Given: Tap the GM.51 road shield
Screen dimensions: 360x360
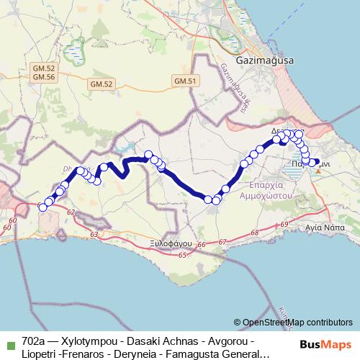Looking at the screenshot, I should click(185, 81).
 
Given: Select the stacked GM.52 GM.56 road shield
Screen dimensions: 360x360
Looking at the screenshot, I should click(44, 72).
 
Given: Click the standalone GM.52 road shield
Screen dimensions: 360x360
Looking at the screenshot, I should click(102, 84).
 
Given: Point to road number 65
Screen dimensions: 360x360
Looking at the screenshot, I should click(182, 255).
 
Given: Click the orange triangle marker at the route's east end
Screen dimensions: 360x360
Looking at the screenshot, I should click(318, 169).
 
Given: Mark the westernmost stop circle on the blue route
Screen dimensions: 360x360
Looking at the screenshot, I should click(42, 207).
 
